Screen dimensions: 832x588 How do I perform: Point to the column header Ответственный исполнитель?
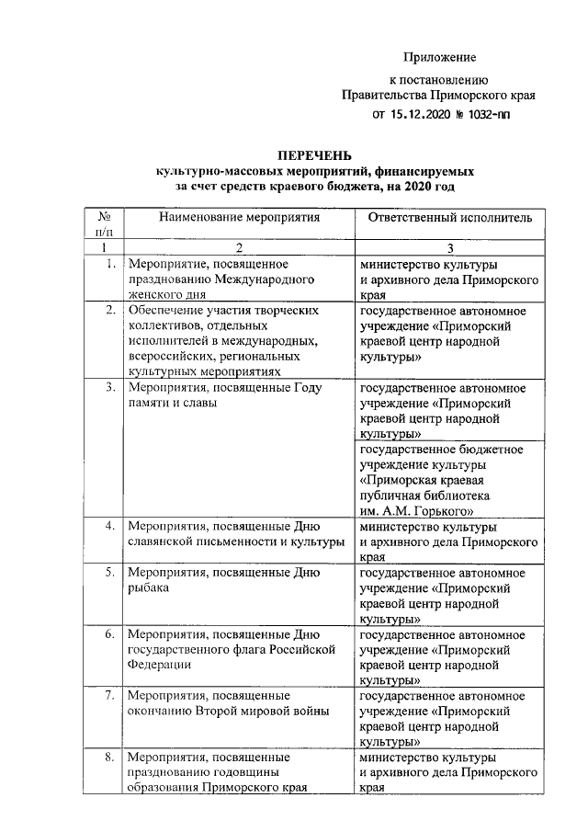449,218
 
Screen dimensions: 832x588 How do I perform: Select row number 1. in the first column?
109,265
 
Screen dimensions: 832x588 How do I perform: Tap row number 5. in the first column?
109,574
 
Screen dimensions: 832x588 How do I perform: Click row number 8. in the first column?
109,758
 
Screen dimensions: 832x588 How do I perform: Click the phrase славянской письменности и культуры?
234,543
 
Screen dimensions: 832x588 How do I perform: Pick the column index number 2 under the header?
239,247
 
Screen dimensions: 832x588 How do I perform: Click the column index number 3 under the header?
449,247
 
